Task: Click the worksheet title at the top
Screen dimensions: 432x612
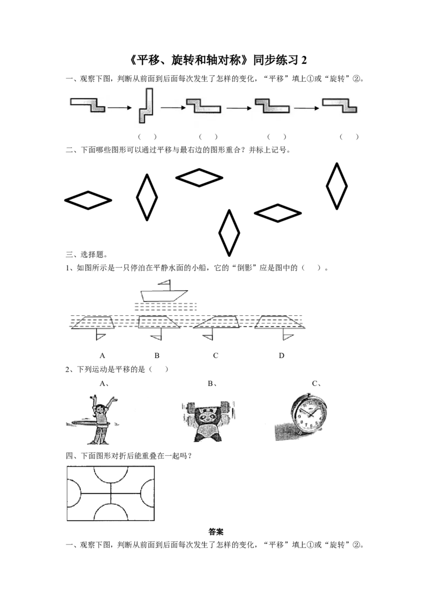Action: pyautogui.click(x=218, y=59)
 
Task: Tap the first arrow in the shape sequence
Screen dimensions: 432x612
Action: pyautogui.click(x=120, y=108)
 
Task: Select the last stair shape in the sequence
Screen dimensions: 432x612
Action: pyautogui.click(x=339, y=105)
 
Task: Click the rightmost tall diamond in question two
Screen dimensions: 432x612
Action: pyautogui.click(x=336, y=186)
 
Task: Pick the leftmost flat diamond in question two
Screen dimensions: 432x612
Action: pyautogui.click(x=88, y=200)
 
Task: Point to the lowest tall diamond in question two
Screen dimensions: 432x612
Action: pyautogui.click(x=230, y=233)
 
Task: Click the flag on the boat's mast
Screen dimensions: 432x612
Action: pyautogui.click(x=165, y=282)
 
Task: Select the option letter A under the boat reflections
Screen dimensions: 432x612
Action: pyautogui.click(x=102, y=356)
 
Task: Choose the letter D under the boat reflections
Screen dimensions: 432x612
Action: pyautogui.click(x=281, y=356)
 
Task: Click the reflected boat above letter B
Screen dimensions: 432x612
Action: pyautogui.click(x=156, y=327)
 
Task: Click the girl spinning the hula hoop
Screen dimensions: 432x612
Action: pyautogui.click(x=96, y=420)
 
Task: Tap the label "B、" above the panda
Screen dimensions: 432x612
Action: pyautogui.click(x=212, y=384)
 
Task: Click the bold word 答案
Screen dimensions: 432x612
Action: pyautogui.click(x=216, y=531)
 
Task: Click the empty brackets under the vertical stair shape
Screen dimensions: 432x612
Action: pyautogui.click(x=147, y=137)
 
